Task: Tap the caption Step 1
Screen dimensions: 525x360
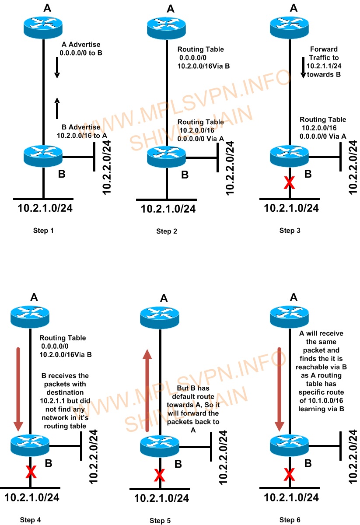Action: point(44,230)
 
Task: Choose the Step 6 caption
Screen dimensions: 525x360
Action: point(290,520)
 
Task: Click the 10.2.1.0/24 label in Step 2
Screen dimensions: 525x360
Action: point(168,209)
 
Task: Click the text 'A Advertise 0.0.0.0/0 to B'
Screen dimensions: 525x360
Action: point(80,49)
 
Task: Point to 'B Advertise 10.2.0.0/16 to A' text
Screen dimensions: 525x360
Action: point(82,131)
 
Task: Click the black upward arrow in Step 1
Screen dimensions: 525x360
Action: point(57,108)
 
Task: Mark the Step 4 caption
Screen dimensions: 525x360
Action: point(31,520)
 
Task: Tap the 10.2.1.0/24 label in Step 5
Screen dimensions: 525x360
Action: point(161,498)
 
